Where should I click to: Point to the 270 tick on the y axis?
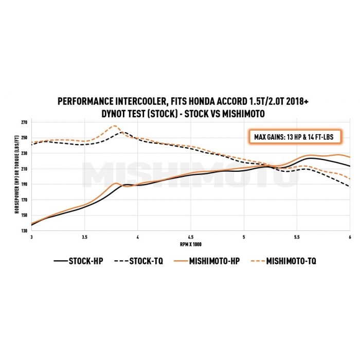[24, 122]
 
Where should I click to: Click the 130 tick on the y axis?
[24, 230]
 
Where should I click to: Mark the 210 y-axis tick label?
[24, 169]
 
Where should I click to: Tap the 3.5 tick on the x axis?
[85, 237]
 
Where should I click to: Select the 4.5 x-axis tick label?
[191, 237]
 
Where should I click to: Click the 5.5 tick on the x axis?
[297, 237]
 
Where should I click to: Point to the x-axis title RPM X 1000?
[190, 243]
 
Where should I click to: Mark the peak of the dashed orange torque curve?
[115, 126]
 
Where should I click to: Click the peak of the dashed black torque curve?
[121, 132]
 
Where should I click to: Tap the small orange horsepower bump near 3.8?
[116, 183]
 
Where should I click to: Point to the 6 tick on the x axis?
[350, 237]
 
